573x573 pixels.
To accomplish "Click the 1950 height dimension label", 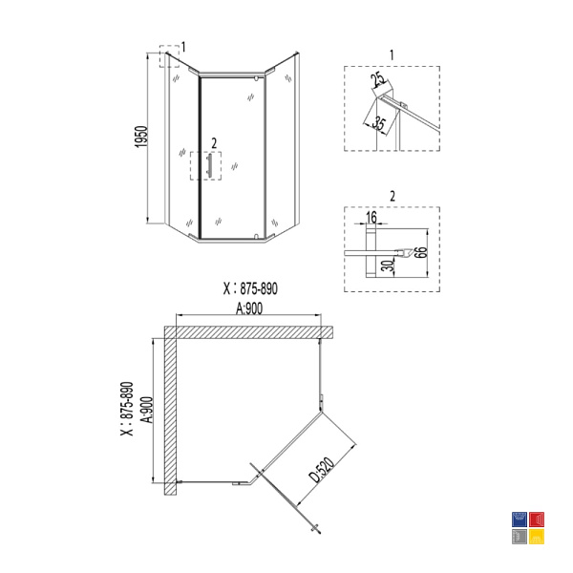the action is [141, 137].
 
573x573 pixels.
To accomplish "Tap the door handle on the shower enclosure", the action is [209, 166].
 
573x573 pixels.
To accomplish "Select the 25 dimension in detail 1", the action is [377, 81].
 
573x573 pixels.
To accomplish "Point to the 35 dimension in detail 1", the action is [378, 123].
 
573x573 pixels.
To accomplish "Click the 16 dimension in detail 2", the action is [371, 218].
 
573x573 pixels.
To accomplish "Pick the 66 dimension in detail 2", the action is [422, 252].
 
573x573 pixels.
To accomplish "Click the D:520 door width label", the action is [322, 470].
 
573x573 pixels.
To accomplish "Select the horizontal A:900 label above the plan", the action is [249, 308].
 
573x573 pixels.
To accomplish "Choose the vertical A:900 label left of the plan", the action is [148, 410].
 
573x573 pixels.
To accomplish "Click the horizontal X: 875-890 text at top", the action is [250, 288].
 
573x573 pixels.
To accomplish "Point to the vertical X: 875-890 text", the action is [127, 409].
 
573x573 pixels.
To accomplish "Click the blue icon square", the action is [520, 520].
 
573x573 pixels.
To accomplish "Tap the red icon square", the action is [537, 520].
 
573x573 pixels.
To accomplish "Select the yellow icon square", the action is [537, 537].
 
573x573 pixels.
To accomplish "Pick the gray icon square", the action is [520, 537].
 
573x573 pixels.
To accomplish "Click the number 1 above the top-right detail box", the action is [392, 55].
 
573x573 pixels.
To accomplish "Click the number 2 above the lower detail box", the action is [393, 197].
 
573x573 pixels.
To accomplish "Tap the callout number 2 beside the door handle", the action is [214, 143].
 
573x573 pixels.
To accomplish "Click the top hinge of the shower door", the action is [256, 78].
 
